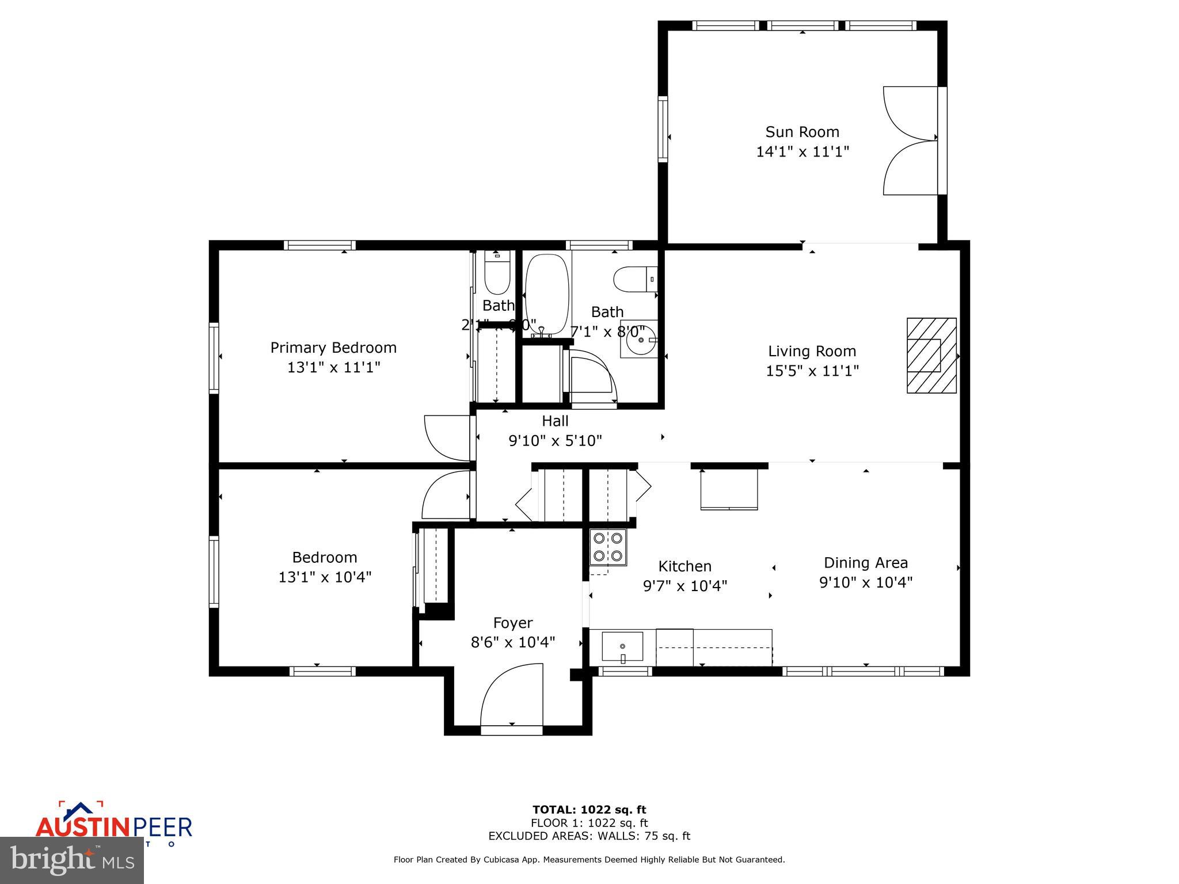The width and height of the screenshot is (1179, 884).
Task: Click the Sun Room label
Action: [802, 132]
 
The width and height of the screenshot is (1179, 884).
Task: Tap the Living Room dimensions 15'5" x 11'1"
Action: [812, 371]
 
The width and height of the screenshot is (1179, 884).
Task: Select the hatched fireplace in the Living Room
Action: [931, 356]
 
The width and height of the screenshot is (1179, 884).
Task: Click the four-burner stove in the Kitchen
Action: [608, 547]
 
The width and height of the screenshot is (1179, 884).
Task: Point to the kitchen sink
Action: [622, 647]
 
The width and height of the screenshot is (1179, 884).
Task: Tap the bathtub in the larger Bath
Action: [547, 294]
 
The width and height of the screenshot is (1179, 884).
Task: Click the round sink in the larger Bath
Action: [640, 340]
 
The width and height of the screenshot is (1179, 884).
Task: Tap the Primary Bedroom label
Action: [333, 348]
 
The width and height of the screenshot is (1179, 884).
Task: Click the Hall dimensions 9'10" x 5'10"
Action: [555, 441]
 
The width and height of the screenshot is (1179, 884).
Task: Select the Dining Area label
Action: [865, 562]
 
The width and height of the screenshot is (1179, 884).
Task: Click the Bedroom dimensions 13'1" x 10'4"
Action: [325, 577]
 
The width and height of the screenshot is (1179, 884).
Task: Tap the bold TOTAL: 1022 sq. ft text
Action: [589, 810]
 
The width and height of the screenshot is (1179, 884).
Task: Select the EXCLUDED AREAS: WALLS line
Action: [589, 836]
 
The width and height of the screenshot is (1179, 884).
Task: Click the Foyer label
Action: [512, 623]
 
